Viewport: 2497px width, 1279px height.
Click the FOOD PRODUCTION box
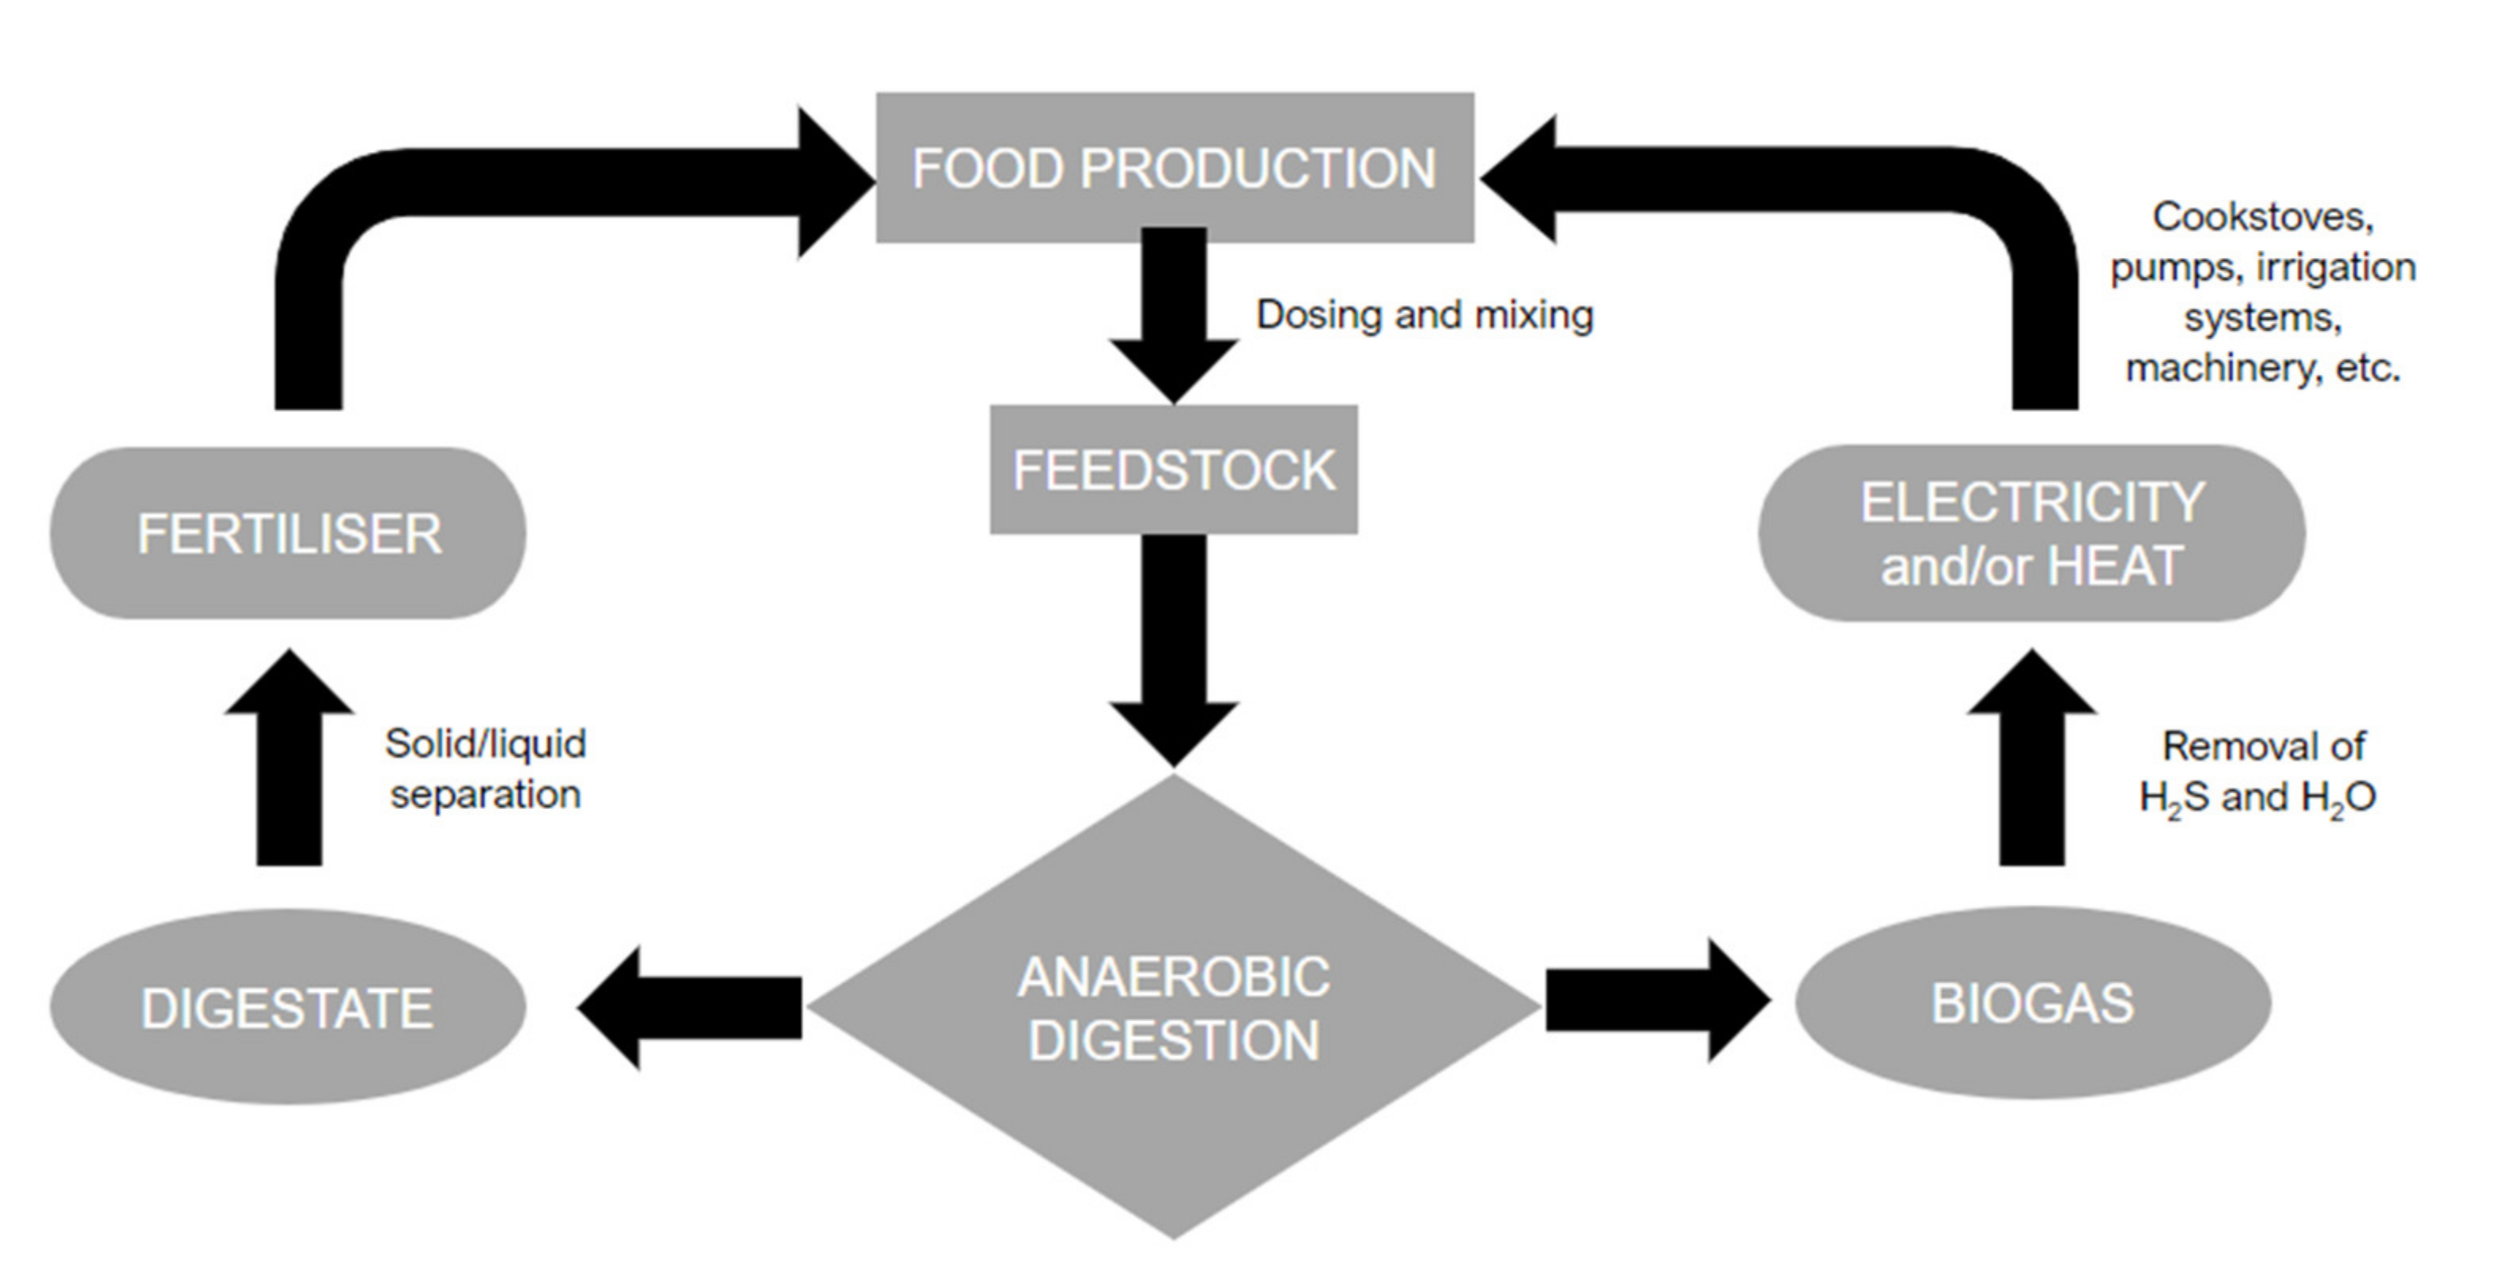(x=1174, y=168)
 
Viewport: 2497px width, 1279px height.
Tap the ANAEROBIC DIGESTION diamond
(x=1173, y=1008)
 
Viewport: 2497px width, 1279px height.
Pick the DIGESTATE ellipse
(x=287, y=1008)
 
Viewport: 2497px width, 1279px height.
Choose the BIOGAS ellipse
(x=2032, y=1004)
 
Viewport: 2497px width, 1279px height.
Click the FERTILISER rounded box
(x=288, y=533)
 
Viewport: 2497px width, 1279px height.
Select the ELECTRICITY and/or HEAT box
(x=2032, y=533)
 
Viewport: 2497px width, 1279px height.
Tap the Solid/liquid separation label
(x=485, y=769)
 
